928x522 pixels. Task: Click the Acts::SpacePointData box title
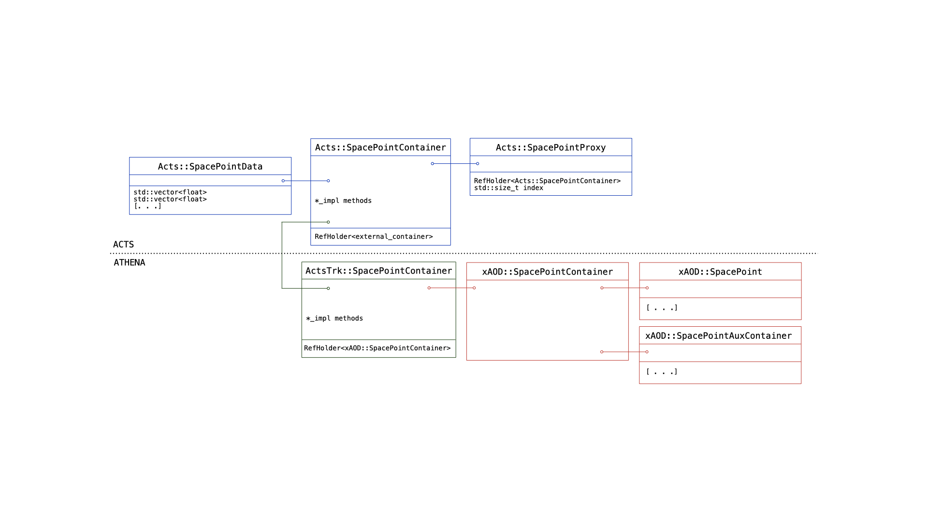point(210,167)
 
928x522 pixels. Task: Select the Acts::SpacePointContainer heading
point(380,147)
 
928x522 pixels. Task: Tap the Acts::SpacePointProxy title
point(551,147)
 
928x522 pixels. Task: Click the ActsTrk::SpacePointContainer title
point(378,271)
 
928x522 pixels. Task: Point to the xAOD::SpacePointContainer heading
point(547,272)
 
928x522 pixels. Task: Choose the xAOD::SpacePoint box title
point(720,272)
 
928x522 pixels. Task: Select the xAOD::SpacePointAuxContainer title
point(718,336)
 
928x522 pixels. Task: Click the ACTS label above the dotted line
point(123,245)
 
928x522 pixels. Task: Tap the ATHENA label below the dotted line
point(129,262)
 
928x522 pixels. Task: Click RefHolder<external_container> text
point(374,236)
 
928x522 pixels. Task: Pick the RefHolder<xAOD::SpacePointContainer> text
point(377,348)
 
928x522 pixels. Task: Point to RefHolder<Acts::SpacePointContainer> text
point(547,181)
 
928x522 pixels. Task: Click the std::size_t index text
point(508,188)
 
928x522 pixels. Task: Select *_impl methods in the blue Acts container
point(343,201)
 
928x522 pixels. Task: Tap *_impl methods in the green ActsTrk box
point(334,318)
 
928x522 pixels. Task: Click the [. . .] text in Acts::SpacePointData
point(147,206)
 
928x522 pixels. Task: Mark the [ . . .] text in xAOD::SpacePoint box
point(662,308)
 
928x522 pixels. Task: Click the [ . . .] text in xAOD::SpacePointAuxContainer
point(662,372)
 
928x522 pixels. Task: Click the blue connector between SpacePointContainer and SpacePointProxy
point(455,163)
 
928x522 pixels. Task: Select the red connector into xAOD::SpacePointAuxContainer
point(624,352)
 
